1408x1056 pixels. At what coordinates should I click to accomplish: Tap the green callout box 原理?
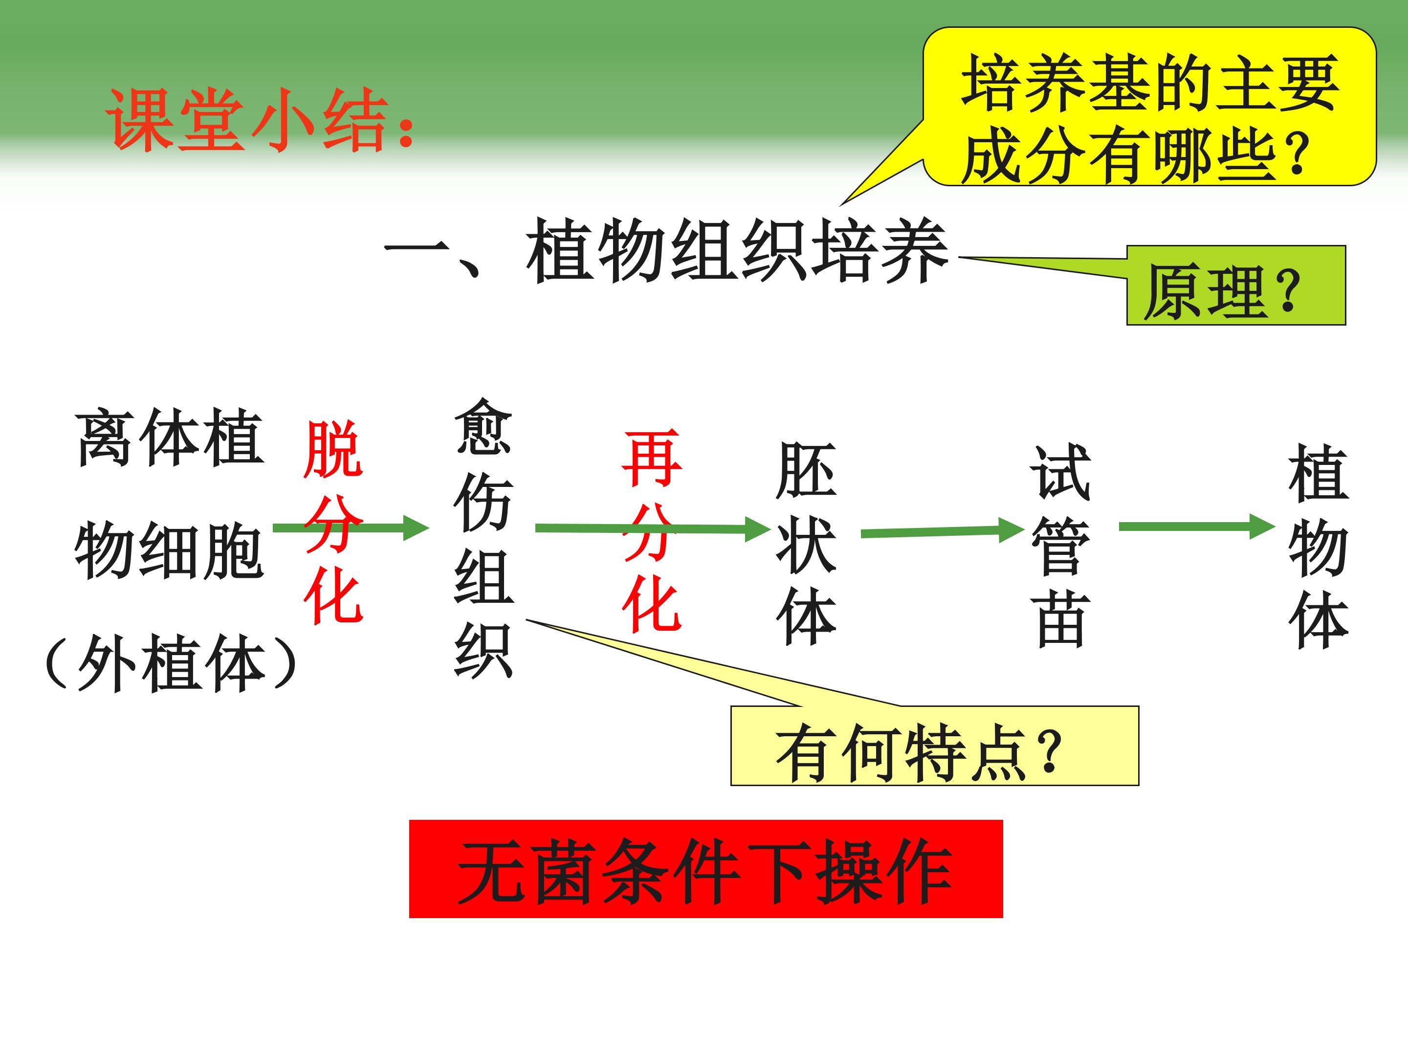point(1236,285)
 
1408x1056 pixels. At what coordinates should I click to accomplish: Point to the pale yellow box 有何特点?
point(934,746)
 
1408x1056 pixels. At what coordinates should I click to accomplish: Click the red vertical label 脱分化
point(333,522)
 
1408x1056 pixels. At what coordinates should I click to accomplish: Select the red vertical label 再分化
point(651,531)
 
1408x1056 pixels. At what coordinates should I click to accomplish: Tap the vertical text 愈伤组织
point(484,538)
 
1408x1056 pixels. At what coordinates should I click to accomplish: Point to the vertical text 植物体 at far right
point(1318,546)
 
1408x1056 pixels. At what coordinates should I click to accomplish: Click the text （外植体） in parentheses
point(171,664)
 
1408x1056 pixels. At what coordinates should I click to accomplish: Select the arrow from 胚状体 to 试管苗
point(942,531)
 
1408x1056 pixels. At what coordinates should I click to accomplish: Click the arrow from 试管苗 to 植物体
point(1197,527)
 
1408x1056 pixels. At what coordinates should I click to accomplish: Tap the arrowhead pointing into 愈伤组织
point(417,528)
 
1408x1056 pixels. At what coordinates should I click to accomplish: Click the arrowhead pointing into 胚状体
point(758,529)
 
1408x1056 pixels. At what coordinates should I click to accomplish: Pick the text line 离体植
point(169,439)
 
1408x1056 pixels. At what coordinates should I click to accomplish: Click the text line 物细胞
point(169,550)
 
